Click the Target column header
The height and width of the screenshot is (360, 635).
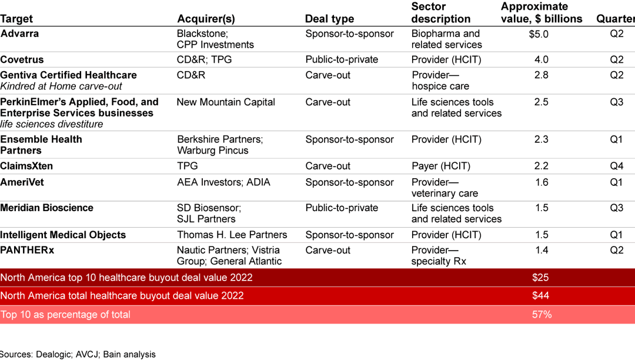[16, 19]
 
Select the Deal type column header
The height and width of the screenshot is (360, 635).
[329, 19]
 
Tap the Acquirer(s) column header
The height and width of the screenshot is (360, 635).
[207, 19]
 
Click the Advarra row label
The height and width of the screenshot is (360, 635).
[19, 34]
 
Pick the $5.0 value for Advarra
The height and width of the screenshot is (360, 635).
[539, 34]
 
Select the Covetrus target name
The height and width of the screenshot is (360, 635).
[22, 59]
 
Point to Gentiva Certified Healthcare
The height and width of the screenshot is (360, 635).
[68, 75]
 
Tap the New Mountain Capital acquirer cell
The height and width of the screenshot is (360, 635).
[226, 102]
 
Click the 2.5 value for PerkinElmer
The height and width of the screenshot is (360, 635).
[541, 102]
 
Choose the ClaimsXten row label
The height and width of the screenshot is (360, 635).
[26, 166]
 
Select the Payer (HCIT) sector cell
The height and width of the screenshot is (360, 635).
[440, 166]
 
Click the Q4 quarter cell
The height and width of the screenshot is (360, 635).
[616, 166]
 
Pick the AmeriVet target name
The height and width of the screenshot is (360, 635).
[22, 182]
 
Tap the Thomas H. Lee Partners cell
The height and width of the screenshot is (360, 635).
[232, 235]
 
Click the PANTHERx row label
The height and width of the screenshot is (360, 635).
[27, 250]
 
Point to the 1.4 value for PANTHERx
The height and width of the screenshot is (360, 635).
[541, 250]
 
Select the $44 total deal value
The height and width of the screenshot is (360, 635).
[540, 296]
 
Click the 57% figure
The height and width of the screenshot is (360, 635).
[542, 315]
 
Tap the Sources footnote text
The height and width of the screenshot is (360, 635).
[78, 354]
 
